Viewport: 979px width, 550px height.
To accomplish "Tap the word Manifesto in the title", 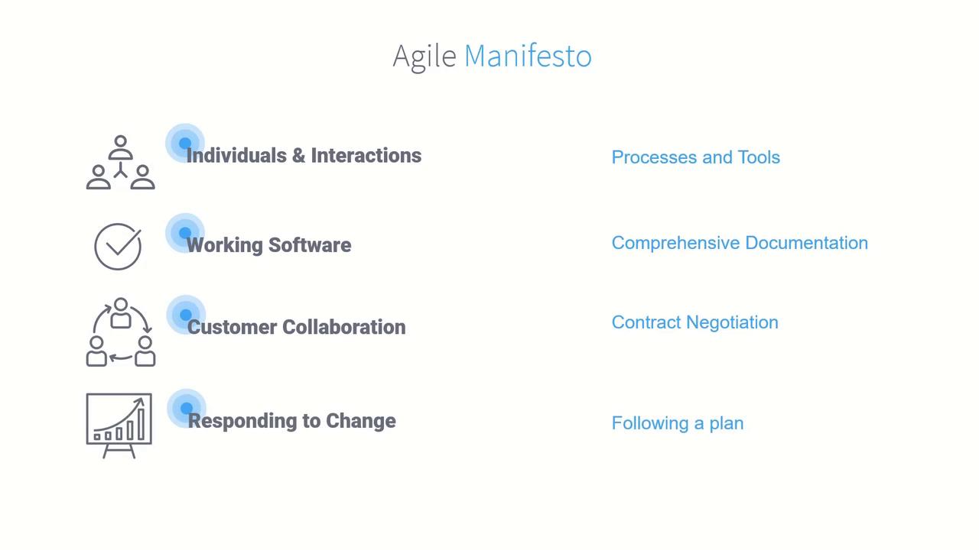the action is pos(528,56).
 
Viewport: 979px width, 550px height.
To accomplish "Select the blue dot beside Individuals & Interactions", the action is pos(185,143).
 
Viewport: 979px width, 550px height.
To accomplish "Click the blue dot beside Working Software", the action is pos(185,233).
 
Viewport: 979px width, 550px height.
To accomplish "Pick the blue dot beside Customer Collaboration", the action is pos(186,314).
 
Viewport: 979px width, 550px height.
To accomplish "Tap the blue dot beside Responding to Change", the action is pos(187,408).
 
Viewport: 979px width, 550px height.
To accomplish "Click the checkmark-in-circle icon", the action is pos(118,247).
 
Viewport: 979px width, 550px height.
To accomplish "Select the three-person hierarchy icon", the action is pos(121,163).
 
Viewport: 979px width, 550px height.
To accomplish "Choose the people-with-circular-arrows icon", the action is pos(121,332).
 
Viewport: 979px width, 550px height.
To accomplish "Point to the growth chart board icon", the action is pos(119,425).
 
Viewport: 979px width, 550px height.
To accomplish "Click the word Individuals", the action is pos(236,155).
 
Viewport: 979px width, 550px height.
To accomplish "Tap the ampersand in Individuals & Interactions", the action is pos(298,156).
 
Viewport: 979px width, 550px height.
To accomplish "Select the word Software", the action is pos(310,245).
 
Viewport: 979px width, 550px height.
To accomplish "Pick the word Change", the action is pos(361,421).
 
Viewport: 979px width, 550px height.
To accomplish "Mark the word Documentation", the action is pos(806,243).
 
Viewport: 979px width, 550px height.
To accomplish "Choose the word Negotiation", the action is pos(732,323).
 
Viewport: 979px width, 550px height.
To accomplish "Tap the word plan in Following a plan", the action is pos(726,423).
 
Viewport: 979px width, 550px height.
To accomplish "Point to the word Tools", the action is pos(759,157).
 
